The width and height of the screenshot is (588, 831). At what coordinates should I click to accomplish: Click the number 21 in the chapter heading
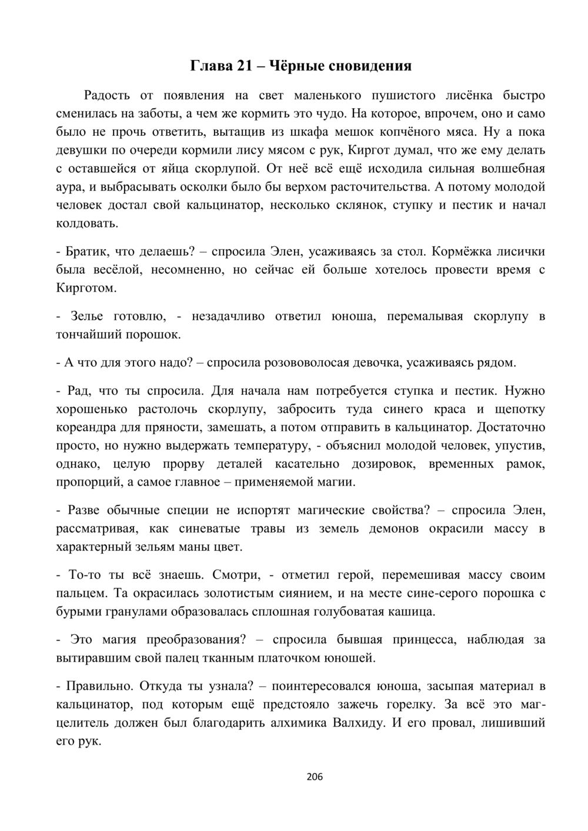pyautogui.click(x=244, y=66)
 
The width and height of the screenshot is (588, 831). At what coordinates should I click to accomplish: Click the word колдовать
pyautogui.click(x=86, y=223)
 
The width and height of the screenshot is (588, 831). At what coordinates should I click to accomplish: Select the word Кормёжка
pyautogui.click(x=458, y=252)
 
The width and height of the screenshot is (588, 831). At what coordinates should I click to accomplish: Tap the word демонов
pyautogui.click(x=393, y=528)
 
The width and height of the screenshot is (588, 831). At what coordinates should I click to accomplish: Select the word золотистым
pyautogui.click(x=232, y=593)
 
